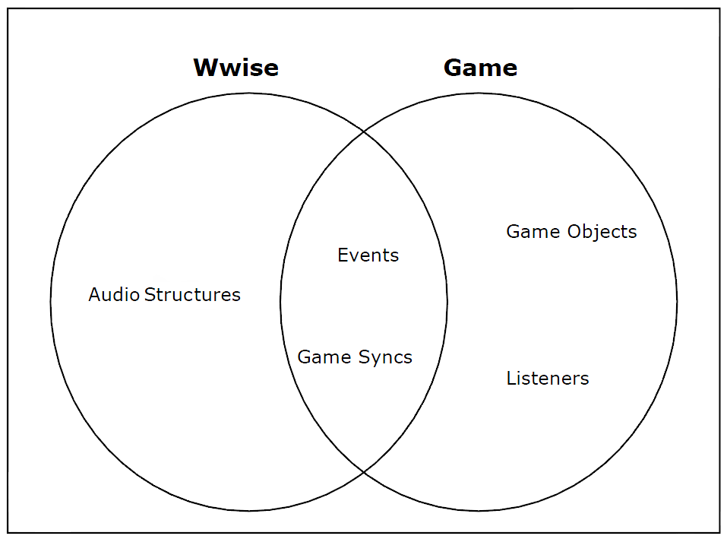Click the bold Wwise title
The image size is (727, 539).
[x=235, y=68]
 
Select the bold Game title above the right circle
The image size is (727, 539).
[x=480, y=68]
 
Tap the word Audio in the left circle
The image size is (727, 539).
[x=114, y=294]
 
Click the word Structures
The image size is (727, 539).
[x=192, y=294]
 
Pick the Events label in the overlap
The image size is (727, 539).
[x=368, y=255]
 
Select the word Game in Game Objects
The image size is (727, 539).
[x=527, y=231]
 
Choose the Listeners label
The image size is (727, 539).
[x=548, y=378]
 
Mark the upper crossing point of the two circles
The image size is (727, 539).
[x=364, y=132]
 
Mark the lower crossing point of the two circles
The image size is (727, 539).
[x=364, y=471]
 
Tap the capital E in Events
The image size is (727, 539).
[x=342, y=255]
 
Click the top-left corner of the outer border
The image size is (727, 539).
[x=8, y=9]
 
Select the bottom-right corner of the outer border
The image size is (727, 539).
[x=719, y=531]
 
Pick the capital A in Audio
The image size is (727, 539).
[x=94, y=294]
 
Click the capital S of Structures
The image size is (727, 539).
[x=149, y=294]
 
